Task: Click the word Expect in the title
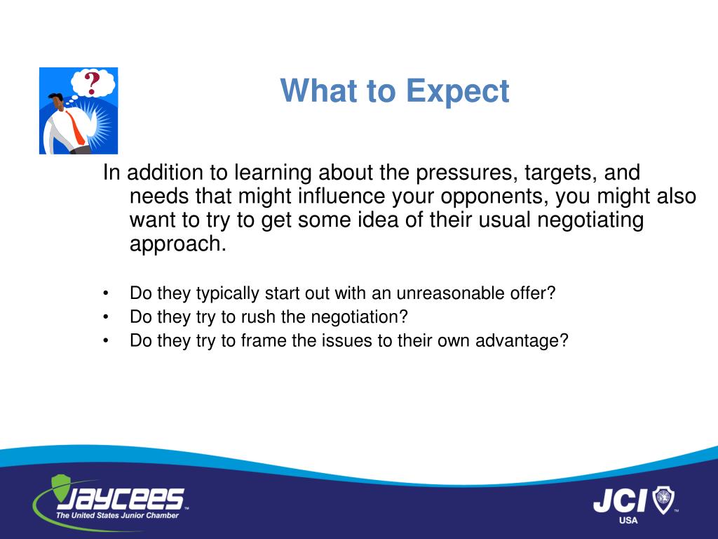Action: (x=457, y=92)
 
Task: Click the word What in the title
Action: (x=318, y=91)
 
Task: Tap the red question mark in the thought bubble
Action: (x=92, y=83)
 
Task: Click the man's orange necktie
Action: (x=76, y=128)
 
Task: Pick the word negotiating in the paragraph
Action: (x=590, y=220)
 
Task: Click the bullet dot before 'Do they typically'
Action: (x=106, y=293)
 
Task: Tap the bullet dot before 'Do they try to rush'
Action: (x=106, y=317)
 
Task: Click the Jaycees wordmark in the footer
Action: (x=120, y=498)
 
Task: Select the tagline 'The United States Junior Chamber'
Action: (x=117, y=516)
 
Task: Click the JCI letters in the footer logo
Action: (x=620, y=500)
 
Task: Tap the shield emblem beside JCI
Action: (x=663, y=500)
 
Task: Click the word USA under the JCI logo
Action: (x=628, y=521)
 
